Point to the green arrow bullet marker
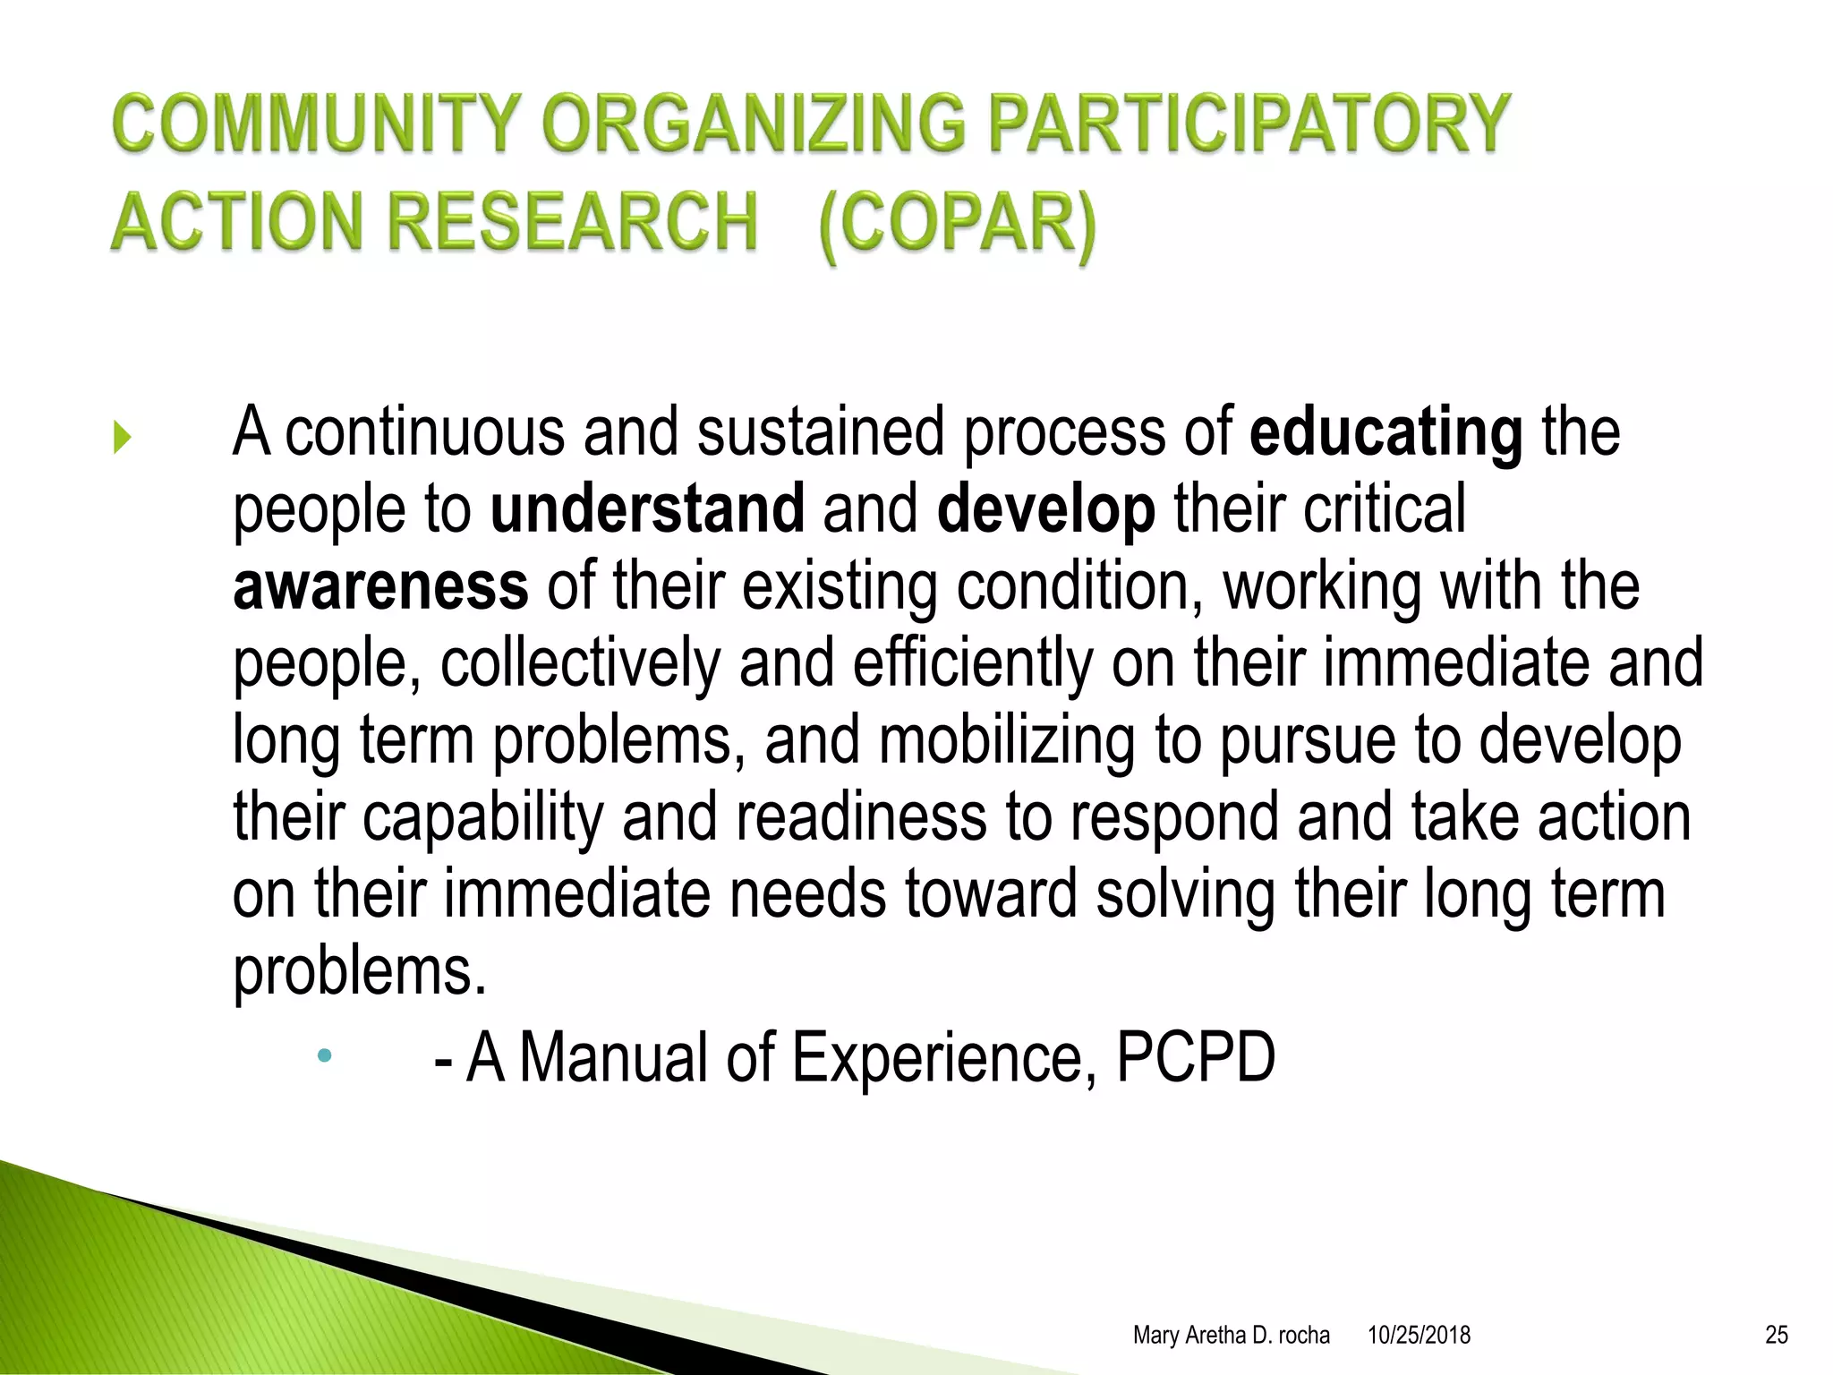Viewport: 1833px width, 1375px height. coord(123,438)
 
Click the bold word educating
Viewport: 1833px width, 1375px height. coord(1385,432)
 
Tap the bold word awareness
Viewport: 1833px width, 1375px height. coord(380,586)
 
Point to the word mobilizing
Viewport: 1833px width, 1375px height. coord(1007,741)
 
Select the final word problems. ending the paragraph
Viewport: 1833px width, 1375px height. coord(360,972)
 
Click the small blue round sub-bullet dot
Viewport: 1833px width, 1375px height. coord(324,1056)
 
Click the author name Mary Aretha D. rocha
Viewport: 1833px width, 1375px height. coord(1231,1336)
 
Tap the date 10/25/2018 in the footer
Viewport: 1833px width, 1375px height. coord(1419,1336)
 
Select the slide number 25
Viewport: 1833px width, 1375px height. coord(1777,1336)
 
